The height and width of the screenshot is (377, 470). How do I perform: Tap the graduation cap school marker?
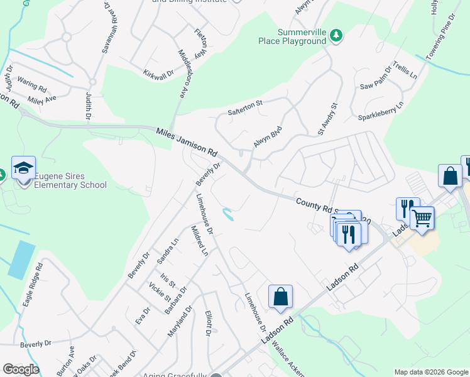(23, 168)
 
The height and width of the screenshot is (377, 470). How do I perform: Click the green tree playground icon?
(336, 35)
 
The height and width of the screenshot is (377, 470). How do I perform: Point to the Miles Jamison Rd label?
(187, 141)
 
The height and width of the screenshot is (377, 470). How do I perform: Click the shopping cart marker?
(422, 219)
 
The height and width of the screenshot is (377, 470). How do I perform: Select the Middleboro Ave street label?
(184, 74)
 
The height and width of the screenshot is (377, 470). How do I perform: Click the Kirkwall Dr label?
(158, 75)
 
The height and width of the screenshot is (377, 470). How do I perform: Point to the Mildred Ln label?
(199, 241)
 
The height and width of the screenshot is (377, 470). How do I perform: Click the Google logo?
(21, 369)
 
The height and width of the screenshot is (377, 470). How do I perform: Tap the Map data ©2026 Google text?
(430, 372)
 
